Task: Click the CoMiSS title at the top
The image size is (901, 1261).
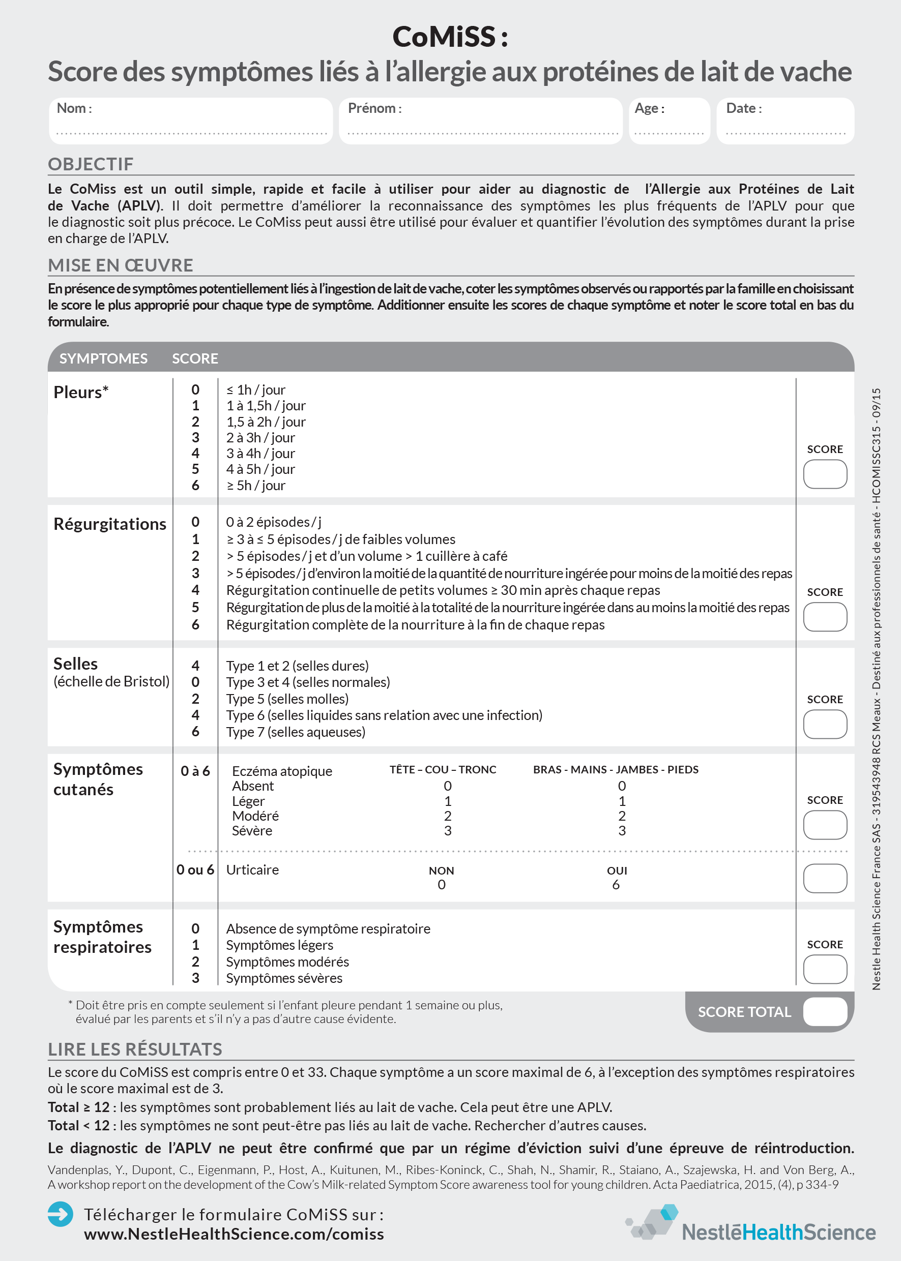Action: (x=450, y=37)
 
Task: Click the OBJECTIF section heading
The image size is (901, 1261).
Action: (x=91, y=164)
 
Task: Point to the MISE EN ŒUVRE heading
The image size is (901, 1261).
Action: (x=121, y=265)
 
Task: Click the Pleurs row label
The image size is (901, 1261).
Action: (x=81, y=392)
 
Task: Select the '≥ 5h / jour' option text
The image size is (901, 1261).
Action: (x=256, y=485)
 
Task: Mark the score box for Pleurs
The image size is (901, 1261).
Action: (x=825, y=474)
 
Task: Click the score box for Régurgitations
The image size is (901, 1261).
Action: (x=825, y=617)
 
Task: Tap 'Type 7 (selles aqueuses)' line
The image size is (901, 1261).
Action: (x=296, y=732)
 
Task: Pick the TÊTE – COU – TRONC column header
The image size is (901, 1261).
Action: (x=443, y=770)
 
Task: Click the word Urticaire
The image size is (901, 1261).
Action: (x=252, y=869)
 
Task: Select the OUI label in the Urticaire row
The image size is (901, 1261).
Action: (x=617, y=870)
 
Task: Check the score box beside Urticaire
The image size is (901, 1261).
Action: (x=825, y=878)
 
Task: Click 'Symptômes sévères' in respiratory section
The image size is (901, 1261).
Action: (x=284, y=978)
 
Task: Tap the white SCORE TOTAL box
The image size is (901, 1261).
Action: (x=825, y=1012)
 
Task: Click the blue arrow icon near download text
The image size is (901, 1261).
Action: (x=60, y=1214)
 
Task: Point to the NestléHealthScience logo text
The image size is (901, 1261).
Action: (x=778, y=1232)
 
